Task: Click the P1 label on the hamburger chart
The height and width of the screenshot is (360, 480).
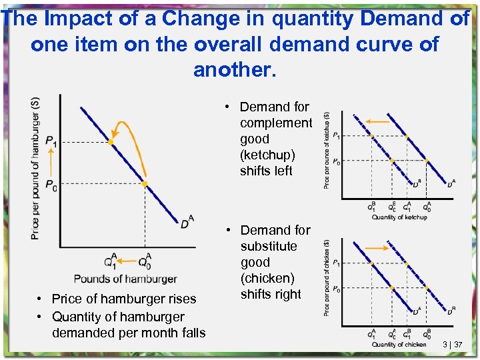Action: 51,141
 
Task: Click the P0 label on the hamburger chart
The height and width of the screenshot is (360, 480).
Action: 51,185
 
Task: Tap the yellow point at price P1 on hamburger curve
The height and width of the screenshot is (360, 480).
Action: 110,142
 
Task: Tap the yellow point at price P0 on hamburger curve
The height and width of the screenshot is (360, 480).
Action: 144,184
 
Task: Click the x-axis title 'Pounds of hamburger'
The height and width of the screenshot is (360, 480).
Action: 125,279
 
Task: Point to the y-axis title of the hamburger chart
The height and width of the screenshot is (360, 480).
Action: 35,168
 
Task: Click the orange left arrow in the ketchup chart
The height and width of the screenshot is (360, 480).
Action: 377,121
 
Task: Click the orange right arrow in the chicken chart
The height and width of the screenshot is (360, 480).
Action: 377,247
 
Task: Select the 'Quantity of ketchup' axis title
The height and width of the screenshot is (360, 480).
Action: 399,217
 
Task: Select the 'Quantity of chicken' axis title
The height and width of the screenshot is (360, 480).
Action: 399,344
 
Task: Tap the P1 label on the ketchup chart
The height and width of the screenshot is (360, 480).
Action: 336,136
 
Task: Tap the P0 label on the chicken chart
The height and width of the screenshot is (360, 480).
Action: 336,289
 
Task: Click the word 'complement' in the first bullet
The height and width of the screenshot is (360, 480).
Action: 275,123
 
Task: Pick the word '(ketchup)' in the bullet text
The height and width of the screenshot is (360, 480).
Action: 267,155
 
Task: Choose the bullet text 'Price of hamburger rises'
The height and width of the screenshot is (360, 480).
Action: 124,299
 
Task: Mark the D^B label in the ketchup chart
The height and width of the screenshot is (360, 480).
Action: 416,183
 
